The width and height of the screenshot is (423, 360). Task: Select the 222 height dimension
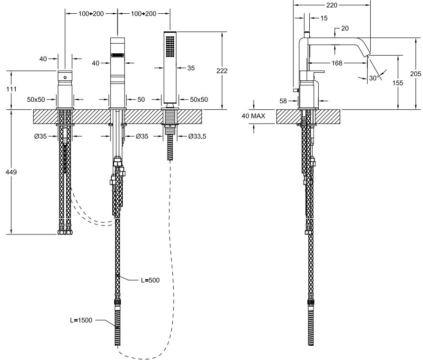tap(222, 71)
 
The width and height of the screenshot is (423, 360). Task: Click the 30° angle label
tap(374, 78)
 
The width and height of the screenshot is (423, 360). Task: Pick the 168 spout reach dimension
tap(337, 63)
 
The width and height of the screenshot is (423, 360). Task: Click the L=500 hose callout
tap(149, 280)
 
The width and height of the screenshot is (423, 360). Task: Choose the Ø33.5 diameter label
tap(197, 136)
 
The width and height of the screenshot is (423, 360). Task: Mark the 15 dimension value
tap(324, 18)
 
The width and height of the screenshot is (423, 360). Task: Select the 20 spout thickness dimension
tap(345, 28)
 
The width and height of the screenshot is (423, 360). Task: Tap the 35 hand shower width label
tap(191, 68)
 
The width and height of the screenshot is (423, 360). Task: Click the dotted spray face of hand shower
tap(170, 47)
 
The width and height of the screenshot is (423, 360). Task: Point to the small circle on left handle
tap(65, 76)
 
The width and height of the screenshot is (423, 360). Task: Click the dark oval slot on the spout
tap(117, 55)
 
